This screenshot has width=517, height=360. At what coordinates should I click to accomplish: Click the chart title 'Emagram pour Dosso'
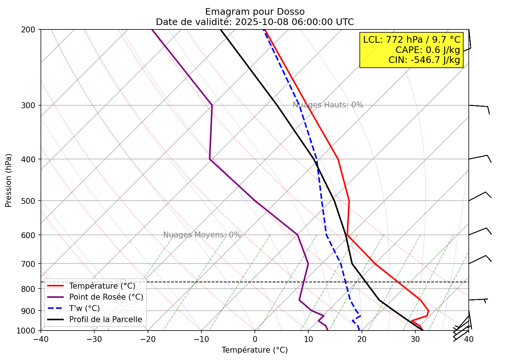pos(255,12)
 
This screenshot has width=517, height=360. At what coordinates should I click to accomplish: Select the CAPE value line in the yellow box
pos(428,50)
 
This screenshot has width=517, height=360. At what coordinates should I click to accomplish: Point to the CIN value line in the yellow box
pos(424,60)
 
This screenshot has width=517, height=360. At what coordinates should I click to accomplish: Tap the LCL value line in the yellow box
pos(412,40)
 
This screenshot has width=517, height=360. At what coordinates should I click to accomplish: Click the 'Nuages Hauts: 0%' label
pos(328,105)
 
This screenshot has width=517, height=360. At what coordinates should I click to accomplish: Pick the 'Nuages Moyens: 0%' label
pos(202,235)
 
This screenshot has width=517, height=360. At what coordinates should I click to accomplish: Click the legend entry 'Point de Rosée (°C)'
pos(106,297)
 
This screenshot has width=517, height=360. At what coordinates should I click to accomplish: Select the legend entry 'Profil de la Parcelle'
pos(105,320)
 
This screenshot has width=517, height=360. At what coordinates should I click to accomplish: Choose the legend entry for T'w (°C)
pos(84,308)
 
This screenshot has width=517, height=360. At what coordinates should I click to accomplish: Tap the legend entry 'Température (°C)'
pos(102,286)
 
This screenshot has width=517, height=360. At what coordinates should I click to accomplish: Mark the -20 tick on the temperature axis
pos(148,339)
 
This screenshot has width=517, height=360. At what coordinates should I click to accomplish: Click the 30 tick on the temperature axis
pos(415,339)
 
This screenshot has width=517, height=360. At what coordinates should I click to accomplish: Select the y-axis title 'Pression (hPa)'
pos(8,180)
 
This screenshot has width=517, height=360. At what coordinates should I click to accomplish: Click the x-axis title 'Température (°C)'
pos(254,350)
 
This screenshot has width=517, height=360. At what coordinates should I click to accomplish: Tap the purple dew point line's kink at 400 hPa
pos(210,159)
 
